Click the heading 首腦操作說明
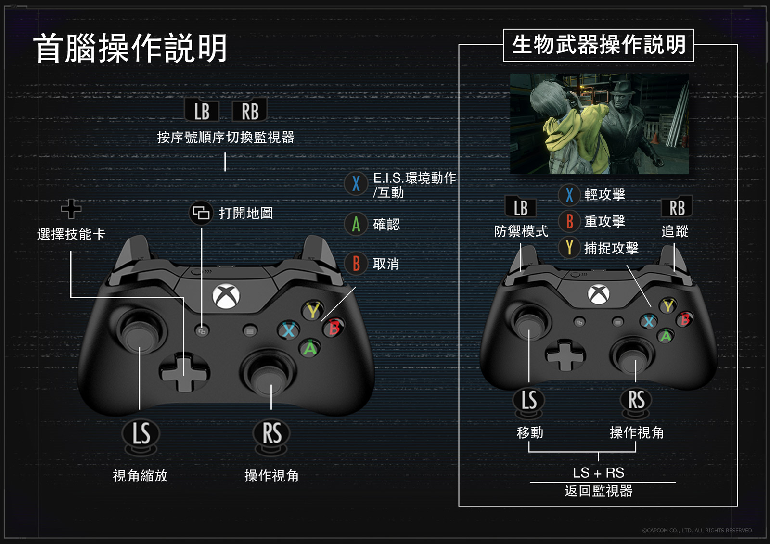[x=130, y=48]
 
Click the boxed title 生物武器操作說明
[x=598, y=45]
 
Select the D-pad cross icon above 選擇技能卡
[x=71, y=208]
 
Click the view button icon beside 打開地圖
[x=201, y=213]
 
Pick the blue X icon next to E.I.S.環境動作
[x=356, y=183]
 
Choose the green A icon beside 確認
[x=356, y=224]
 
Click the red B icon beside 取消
[x=356, y=264]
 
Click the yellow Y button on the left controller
[x=313, y=311]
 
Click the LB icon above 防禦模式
[x=521, y=208]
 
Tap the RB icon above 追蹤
[x=677, y=208]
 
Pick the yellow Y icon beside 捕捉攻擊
[x=569, y=248]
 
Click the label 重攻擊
[x=604, y=221]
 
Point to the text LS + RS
[x=598, y=473]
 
